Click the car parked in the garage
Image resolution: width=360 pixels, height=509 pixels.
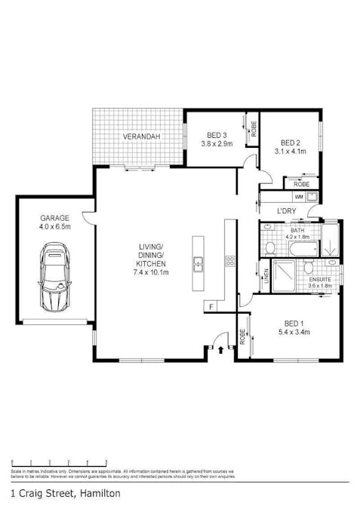[54, 277]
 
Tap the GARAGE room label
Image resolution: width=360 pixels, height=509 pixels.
[54, 216]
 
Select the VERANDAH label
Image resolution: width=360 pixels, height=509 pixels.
[140, 136]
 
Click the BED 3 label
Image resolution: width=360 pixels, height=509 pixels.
[216, 135]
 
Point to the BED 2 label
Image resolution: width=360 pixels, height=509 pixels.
[291, 141]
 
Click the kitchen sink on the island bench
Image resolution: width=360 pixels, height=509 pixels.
[198, 262]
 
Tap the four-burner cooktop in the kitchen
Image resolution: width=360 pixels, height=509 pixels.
[230, 262]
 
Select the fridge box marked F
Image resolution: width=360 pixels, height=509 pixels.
[211, 305]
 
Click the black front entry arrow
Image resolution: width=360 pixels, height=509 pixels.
[220, 349]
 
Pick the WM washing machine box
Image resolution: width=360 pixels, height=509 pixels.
[299, 197]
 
